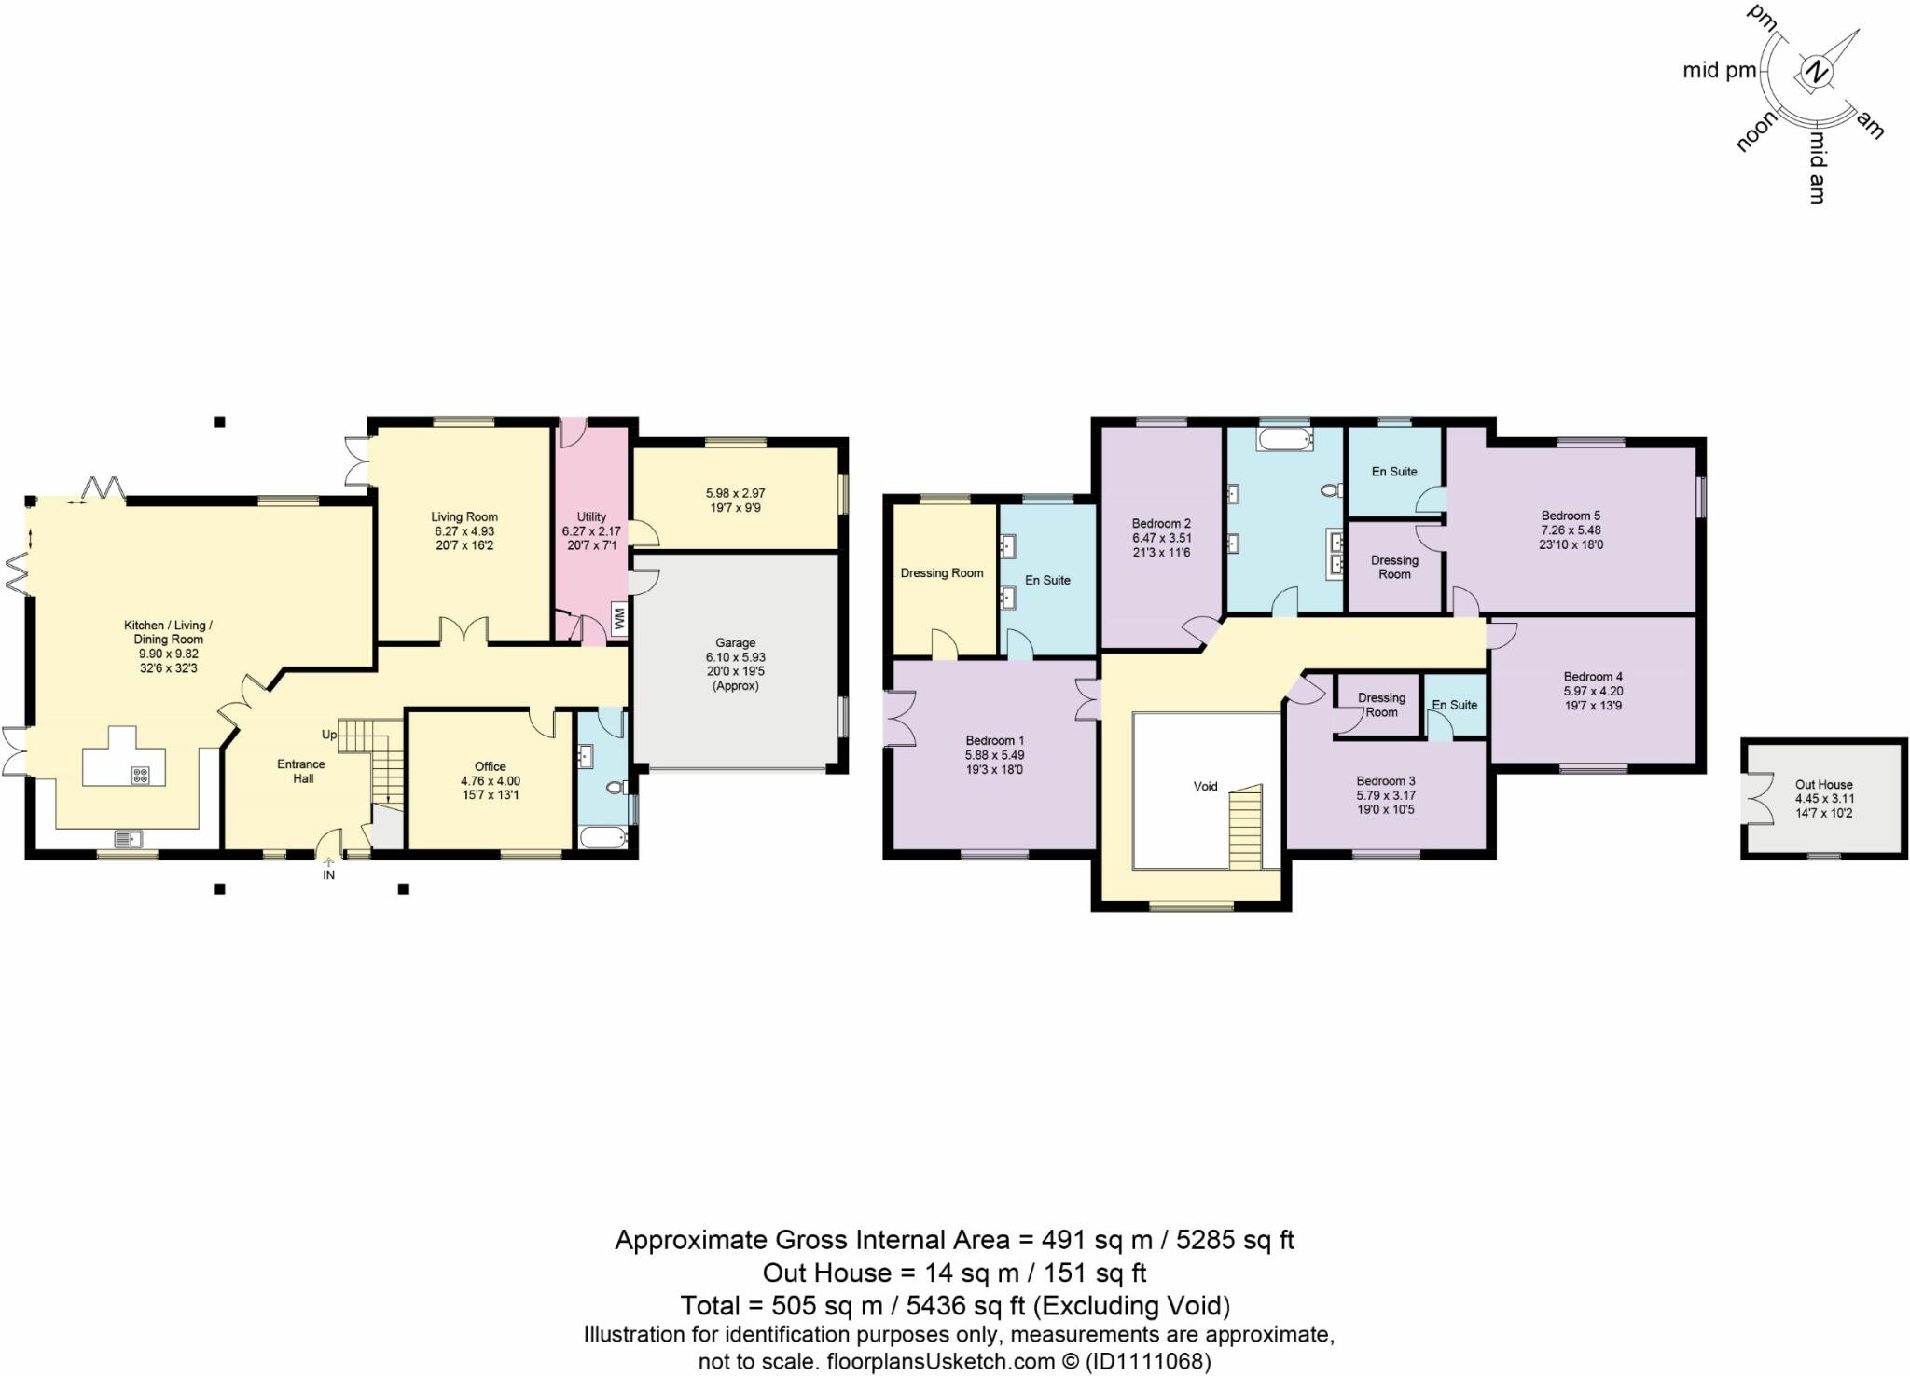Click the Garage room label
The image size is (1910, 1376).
click(735, 642)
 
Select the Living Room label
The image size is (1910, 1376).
click(464, 516)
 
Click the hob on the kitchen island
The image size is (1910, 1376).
click(141, 774)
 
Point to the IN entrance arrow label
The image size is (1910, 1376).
click(328, 874)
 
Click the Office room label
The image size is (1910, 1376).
click(490, 766)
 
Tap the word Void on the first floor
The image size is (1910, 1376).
click(1205, 786)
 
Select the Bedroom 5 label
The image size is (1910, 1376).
click(1571, 516)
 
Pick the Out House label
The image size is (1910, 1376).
click(1823, 784)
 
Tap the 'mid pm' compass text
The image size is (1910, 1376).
click(1719, 70)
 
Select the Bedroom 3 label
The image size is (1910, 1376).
click(1386, 780)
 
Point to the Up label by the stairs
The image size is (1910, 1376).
click(328, 735)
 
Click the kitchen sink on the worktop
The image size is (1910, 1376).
click(129, 838)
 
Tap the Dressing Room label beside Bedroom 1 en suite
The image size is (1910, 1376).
click(941, 572)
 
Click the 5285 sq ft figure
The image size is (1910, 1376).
click(1235, 1240)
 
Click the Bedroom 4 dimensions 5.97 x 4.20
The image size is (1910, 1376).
click(1593, 691)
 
